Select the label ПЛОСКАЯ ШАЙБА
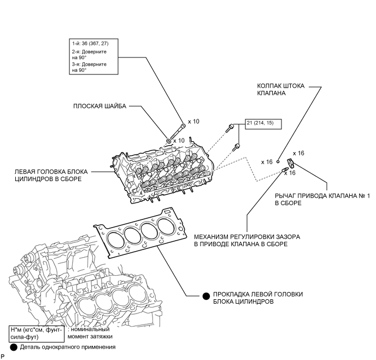(99, 106)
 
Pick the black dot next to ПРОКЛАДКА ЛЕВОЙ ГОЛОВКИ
(206, 296)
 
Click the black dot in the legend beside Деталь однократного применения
(13, 347)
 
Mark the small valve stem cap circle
(278, 162)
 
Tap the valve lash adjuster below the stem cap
(285, 171)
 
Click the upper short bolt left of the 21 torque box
(230, 128)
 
